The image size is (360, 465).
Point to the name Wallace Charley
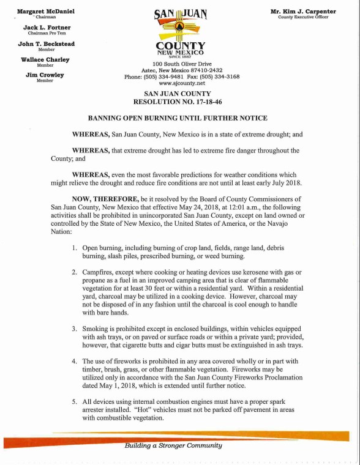point(45,60)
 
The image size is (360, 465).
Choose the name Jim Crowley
point(45,75)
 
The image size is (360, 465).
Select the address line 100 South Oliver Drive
point(182,64)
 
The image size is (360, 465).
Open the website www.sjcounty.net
point(182,84)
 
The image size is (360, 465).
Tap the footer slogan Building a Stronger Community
point(173,446)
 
